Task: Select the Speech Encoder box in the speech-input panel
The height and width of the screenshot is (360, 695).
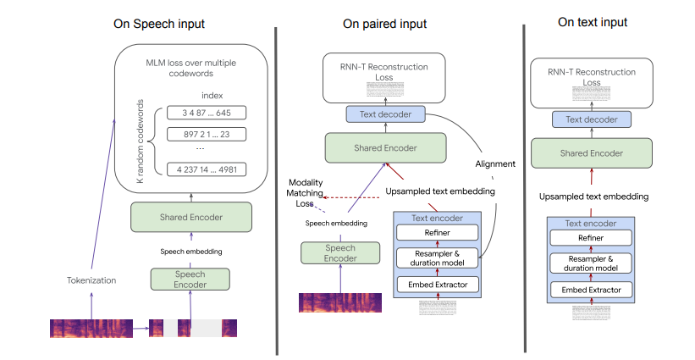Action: coord(190,280)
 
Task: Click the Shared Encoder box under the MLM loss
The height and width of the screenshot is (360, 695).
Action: coord(190,218)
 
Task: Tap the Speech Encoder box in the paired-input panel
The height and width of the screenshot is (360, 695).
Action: coord(329,252)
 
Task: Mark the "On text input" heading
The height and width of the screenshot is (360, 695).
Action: coord(593,22)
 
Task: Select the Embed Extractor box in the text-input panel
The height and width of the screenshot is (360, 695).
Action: coord(593,291)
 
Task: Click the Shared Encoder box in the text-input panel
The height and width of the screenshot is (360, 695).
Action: coord(593,153)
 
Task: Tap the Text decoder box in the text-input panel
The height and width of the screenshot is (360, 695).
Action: coord(593,119)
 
